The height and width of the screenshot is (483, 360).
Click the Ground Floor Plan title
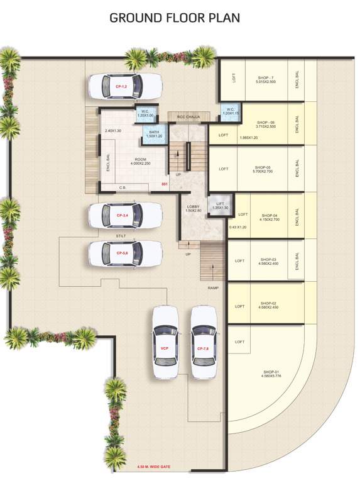click(x=175, y=18)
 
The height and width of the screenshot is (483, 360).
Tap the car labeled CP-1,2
click(x=124, y=86)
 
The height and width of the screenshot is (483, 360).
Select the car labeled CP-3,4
click(x=124, y=216)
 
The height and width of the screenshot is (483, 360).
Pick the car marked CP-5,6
click(x=124, y=253)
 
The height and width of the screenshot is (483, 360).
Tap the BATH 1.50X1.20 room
click(x=155, y=133)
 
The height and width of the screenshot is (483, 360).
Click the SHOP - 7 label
click(x=266, y=78)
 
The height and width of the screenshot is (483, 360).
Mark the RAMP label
click(x=213, y=287)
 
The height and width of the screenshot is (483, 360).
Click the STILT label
click(x=121, y=237)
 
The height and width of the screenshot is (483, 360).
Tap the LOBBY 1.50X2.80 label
click(x=193, y=208)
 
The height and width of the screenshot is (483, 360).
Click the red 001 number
click(x=165, y=184)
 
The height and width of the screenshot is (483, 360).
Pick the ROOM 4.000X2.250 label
click(x=140, y=162)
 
